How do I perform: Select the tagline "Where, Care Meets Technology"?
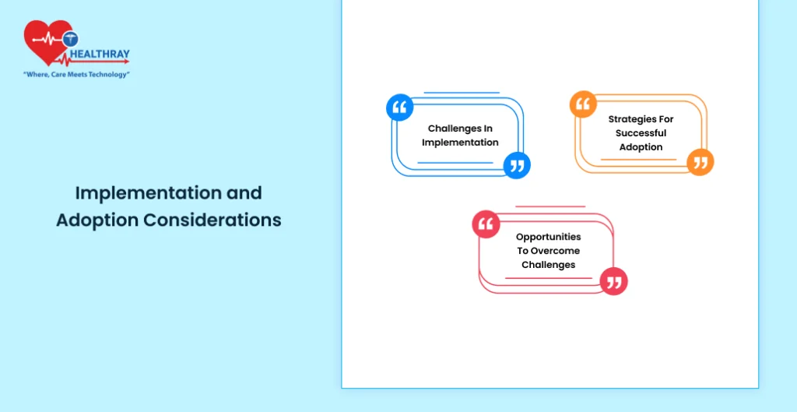(77, 74)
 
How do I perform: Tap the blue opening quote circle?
(399, 107)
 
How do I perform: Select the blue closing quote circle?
(517, 165)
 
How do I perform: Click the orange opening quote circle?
(583, 104)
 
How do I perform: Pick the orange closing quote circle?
(700, 162)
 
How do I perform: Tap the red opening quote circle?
(486, 224)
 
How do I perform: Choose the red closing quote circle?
(613, 281)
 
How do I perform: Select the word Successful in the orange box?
(641, 132)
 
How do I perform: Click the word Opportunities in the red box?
(549, 237)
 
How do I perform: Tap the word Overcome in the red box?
(556, 251)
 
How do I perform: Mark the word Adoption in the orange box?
(641, 147)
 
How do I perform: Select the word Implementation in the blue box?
(460, 143)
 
